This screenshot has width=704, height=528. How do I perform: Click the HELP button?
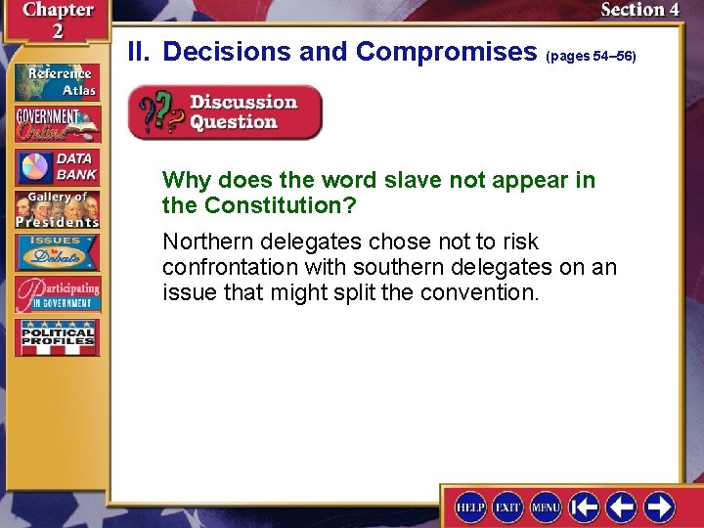point(471,506)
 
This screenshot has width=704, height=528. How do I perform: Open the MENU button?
point(546,506)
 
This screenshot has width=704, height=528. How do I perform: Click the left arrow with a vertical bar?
point(585,506)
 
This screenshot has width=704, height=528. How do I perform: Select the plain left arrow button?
point(622,506)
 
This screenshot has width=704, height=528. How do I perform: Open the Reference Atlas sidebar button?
point(57,81)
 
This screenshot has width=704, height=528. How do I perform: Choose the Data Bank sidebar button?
point(57,167)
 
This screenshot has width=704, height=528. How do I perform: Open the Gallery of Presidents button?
point(57,209)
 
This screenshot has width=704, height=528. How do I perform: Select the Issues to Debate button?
point(57,251)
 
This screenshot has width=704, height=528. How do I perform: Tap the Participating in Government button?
point(57,294)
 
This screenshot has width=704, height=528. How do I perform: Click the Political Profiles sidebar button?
point(57,337)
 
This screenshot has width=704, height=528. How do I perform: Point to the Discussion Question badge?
point(226,112)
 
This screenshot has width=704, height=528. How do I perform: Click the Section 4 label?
point(639,10)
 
